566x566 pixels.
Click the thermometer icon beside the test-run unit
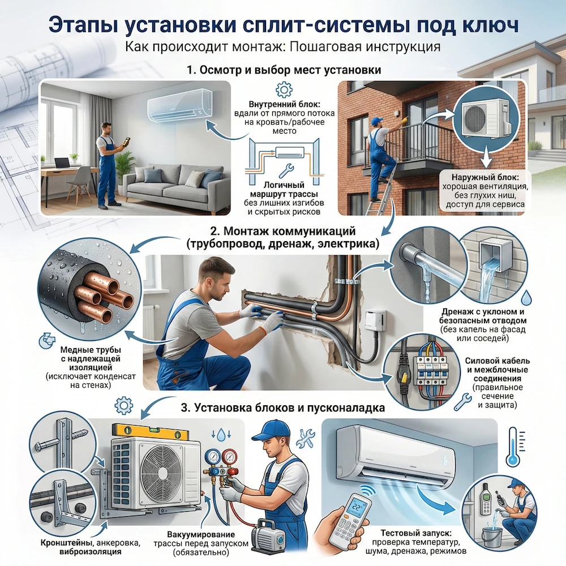(x=513, y=447)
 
